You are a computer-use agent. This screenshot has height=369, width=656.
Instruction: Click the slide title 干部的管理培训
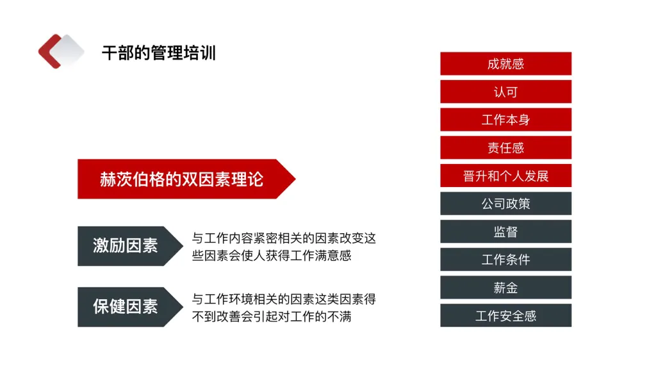pyautogui.click(x=158, y=53)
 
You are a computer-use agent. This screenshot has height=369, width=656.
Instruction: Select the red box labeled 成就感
pyautogui.click(x=505, y=63)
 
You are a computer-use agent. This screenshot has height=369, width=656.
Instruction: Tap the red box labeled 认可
pyautogui.click(x=505, y=92)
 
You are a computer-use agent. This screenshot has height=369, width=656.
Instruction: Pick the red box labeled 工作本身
pyautogui.click(x=505, y=120)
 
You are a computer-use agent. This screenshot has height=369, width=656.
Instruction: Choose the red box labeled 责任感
pyautogui.click(x=505, y=148)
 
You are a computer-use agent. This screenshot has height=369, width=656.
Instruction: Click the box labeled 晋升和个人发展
pyautogui.click(x=505, y=176)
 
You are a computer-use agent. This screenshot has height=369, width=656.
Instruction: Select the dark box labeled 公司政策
pyautogui.click(x=505, y=204)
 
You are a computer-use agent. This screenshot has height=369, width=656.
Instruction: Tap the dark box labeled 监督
pyautogui.click(x=505, y=232)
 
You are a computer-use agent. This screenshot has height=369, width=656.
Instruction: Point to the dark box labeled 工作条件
pyautogui.click(x=505, y=259)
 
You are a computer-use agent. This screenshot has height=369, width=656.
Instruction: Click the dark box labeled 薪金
pyautogui.click(x=505, y=288)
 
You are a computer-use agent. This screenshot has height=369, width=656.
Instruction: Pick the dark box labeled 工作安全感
pyautogui.click(x=505, y=316)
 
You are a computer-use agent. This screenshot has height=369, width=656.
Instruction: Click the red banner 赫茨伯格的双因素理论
pyautogui.click(x=181, y=179)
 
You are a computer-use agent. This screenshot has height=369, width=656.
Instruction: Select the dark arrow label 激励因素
pyautogui.click(x=126, y=245)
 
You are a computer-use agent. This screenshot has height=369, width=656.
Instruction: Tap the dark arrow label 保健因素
pyautogui.click(x=126, y=306)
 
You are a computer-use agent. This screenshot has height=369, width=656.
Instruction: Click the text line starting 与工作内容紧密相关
pyautogui.click(x=284, y=238)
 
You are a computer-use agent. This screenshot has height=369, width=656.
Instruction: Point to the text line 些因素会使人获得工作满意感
pyautogui.click(x=272, y=255)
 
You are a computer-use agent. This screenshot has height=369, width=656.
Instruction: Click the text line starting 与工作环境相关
pyautogui.click(x=284, y=299)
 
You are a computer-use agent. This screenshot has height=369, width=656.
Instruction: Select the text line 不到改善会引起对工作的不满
pyautogui.click(x=272, y=316)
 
